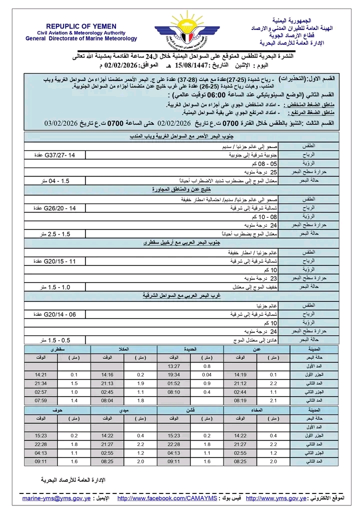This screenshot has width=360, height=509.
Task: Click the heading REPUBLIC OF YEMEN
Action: (x=81, y=26)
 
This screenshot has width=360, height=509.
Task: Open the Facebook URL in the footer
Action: (x=167, y=498)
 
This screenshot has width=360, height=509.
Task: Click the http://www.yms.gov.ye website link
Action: (x=275, y=498)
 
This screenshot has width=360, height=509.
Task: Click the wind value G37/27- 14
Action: (x=56, y=155)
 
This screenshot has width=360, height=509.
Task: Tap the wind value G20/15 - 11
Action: (x=55, y=261)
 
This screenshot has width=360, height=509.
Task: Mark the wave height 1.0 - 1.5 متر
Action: (x=55, y=287)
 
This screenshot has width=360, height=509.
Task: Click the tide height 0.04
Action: (x=207, y=374)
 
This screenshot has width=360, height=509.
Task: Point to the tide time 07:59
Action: (x=40, y=400)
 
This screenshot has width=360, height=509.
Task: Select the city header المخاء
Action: (x=257, y=409)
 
